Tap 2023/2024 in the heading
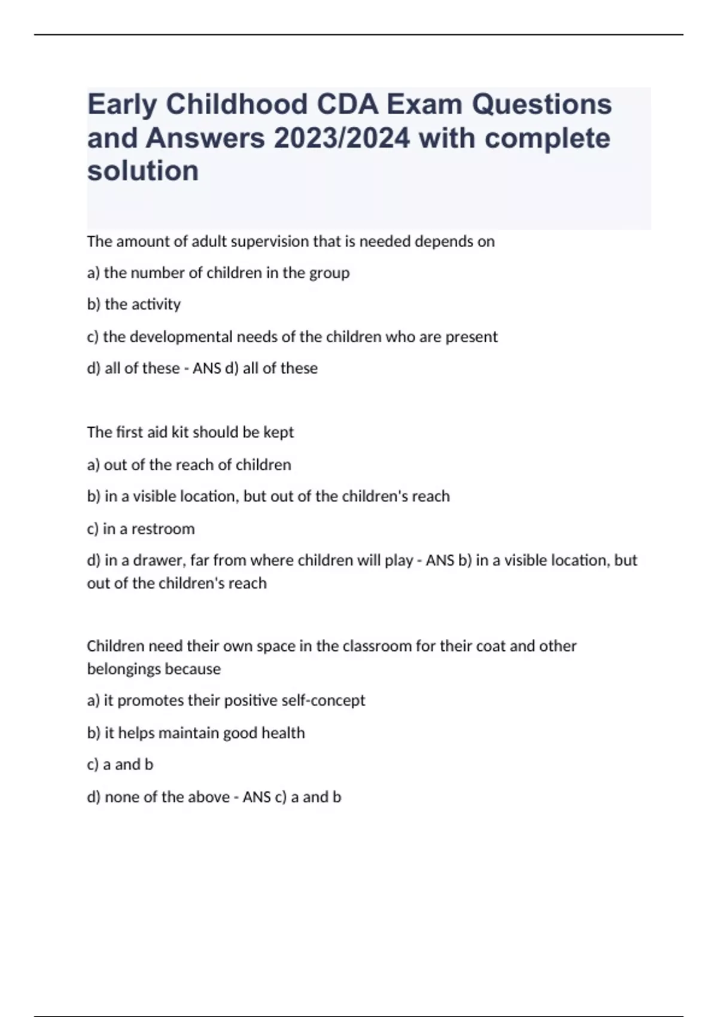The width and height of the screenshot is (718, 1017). (342, 138)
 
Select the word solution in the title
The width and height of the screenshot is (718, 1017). (143, 171)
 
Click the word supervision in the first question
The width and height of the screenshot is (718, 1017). (270, 242)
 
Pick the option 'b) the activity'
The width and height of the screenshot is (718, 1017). (133, 305)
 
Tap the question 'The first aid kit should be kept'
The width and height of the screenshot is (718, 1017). (190, 432)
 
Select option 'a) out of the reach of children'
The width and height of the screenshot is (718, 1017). (189, 465)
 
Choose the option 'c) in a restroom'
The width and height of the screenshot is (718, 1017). (141, 529)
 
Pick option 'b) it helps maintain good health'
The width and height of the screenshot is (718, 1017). (196, 733)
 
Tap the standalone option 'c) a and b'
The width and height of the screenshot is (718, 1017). (120, 765)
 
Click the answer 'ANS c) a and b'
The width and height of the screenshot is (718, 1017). (291, 797)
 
